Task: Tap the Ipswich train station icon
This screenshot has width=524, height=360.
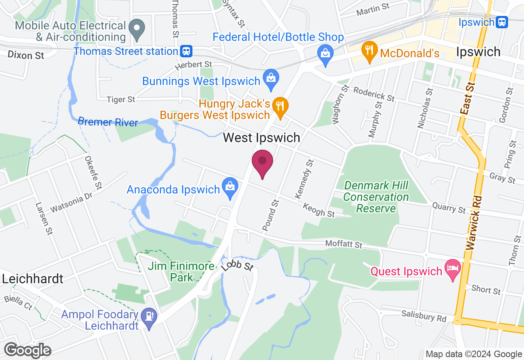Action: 501,22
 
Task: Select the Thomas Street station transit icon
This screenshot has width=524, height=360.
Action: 186,52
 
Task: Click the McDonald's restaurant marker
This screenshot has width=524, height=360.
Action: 369,51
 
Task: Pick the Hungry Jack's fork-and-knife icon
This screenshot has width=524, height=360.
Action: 280,106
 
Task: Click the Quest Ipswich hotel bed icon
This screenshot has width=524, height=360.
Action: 452,268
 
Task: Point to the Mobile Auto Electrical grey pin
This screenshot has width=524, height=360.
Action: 137,29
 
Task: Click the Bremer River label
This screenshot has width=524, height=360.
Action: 108,122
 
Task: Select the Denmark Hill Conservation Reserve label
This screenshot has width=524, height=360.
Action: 376,197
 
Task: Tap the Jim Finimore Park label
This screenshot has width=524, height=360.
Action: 181,272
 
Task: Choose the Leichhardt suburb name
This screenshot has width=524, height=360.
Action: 33,279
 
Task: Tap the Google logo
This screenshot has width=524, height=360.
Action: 27,351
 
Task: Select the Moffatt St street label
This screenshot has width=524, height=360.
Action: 344,245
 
